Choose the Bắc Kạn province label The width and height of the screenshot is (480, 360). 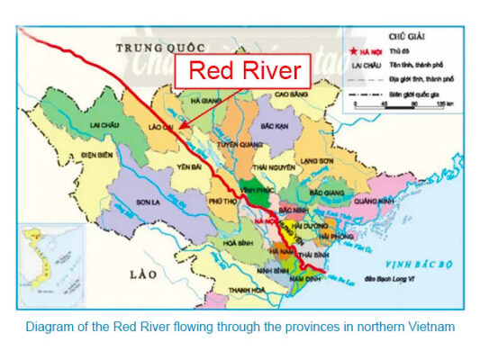272,128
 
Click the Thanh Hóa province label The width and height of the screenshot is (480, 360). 245,289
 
